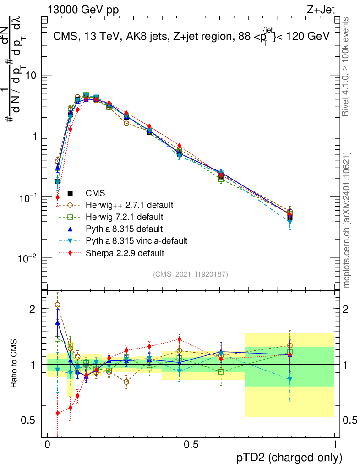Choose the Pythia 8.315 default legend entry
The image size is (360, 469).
pyautogui.click(x=116, y=229)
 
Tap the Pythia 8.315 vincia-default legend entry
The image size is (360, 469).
pyautogui.click(x=129, y=240)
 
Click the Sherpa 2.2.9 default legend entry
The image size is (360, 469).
pyautogui.click(x=117, y=252)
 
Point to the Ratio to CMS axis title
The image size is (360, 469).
pyautogui.click(x=14, y=365)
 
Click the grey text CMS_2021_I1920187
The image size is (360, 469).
pyautogui.click(x=191, y=274)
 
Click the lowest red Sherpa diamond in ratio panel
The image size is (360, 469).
pyautogui.click(x=58, y=413)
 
